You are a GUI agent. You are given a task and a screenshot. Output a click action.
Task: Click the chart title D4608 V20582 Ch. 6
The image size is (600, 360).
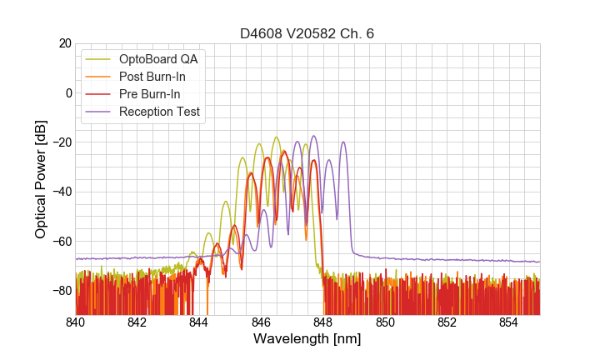point(307,33)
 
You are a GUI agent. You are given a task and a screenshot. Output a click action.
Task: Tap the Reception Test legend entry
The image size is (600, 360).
point(159,112)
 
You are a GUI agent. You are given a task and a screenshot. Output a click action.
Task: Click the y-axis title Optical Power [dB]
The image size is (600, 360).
point(41,179)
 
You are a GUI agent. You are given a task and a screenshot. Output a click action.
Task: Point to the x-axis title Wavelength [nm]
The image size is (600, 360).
point(307,340)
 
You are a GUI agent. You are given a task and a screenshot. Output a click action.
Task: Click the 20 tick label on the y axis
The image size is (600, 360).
point(63,43)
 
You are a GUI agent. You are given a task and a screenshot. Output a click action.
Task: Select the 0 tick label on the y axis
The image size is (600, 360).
point(67,92)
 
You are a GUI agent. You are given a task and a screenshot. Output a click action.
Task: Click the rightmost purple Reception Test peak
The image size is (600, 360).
point(342,142)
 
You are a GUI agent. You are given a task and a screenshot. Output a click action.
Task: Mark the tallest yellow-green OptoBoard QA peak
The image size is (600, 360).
point(277,137)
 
